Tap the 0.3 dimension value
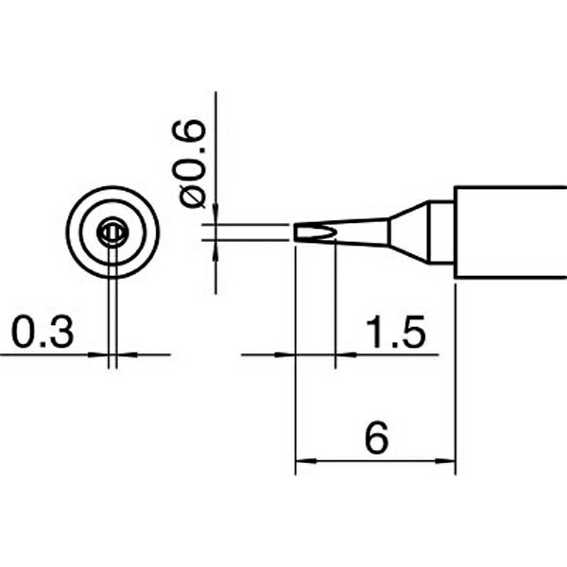click(43, 333)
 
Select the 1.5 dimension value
click(396, 333)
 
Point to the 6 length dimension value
click(377, 438)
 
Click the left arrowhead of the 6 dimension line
click(306, 461)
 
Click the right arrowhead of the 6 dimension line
click(445, 461)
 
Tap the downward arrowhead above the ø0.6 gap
click(215, 214)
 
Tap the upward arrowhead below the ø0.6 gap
click(215, 250)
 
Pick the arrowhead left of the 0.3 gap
click(98, 354)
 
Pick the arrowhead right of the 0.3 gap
click(128, 354)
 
